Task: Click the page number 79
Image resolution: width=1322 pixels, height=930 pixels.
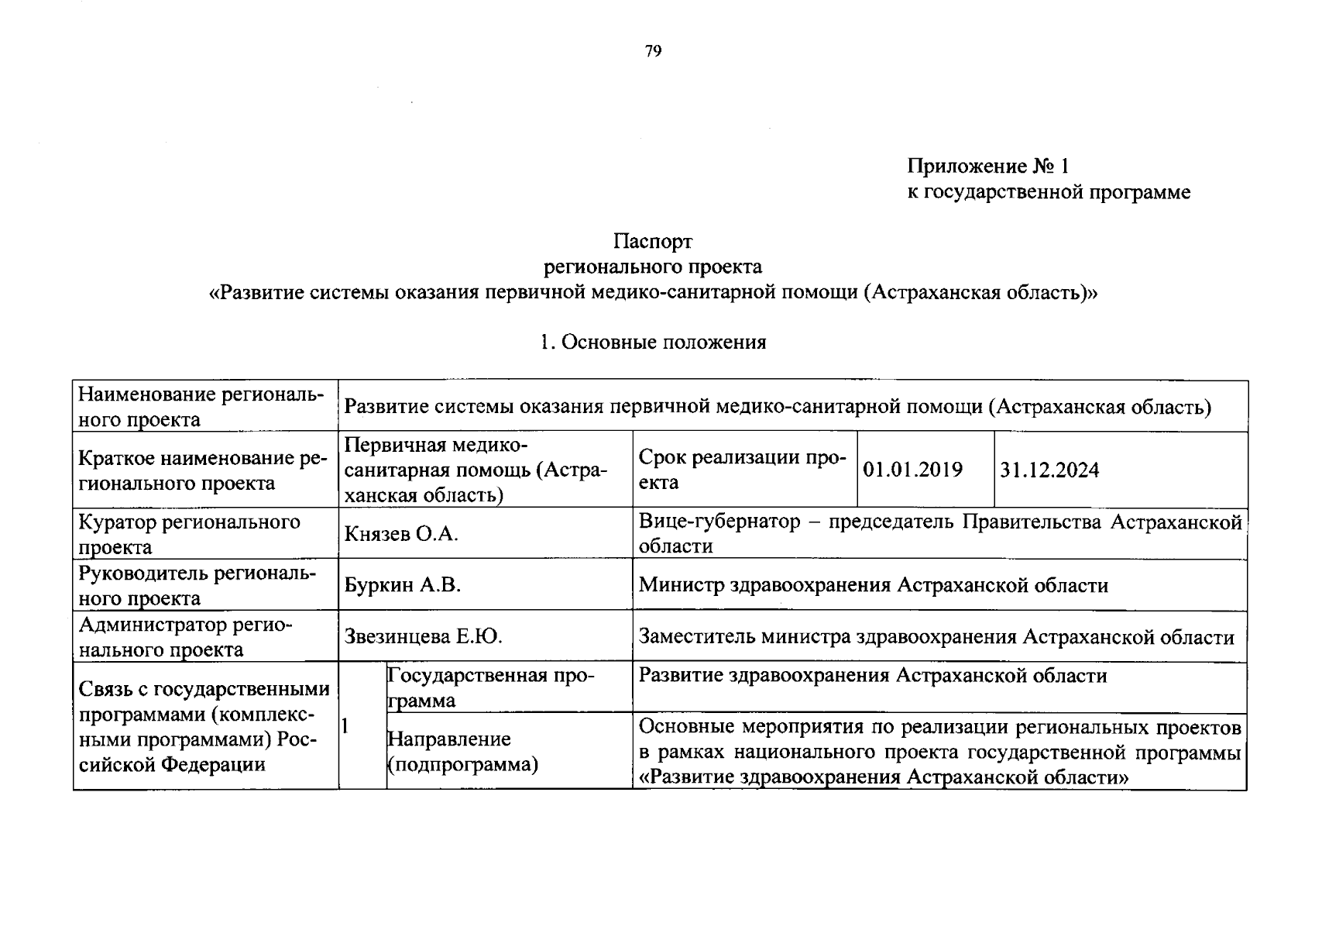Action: coord(653,52)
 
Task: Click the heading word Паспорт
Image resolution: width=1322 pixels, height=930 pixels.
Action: coord(653,242)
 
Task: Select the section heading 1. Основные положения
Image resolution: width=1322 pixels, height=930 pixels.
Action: coord(653,343)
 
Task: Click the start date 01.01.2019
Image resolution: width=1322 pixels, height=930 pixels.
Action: coord(912,470)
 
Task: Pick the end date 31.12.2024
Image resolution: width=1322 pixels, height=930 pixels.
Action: coord(1049,470)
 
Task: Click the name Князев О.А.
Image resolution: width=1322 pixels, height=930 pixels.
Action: coord(401,534)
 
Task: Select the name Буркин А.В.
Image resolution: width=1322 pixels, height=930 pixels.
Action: coord(403,585)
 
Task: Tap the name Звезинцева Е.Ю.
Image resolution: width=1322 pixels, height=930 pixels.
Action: coord(424,637)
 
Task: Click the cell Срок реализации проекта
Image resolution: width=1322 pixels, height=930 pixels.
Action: coord(741,470)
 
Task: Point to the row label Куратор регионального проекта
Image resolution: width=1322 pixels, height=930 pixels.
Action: coord(189,534)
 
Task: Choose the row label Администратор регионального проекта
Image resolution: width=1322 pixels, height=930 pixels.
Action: coord(184,637)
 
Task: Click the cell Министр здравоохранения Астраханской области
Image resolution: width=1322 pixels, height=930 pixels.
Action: coord(873,585)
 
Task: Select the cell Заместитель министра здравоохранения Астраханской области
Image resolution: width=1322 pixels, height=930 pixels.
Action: coord(936,637)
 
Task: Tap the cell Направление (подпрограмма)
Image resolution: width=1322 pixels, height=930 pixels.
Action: coord(462,752)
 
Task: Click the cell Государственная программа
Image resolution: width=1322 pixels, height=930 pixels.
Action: coord(489,687)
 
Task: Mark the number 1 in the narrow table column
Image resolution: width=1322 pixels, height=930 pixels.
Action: coord(345,726)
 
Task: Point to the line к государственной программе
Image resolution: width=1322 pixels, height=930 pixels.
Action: coord(1049,192)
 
